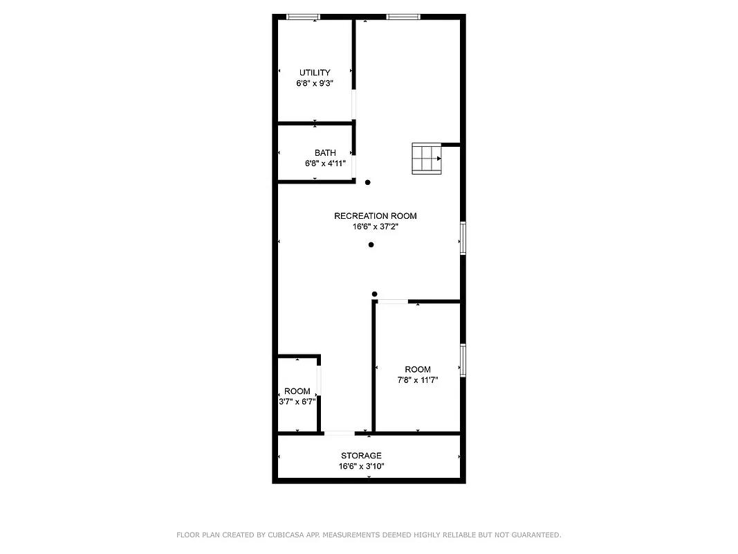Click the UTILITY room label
315,73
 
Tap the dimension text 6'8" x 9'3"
315,83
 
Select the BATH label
325,153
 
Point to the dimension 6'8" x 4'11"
325,164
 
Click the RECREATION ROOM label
375,216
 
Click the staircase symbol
426,159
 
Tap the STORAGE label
361,456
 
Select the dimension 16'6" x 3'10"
361,467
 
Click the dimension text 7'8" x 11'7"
418,380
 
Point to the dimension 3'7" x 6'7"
297,402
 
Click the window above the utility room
303,17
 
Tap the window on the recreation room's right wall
463,238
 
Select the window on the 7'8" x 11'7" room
463,360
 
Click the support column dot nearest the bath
368,183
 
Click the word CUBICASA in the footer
283,535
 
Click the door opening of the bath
355,166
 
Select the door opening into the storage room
340,434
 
